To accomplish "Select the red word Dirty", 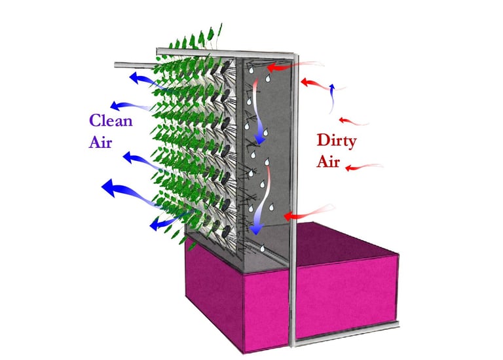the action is [x=339, y=139].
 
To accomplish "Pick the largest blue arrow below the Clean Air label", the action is [x=124, y=192].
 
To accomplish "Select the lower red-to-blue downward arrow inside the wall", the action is [x=257, y=203].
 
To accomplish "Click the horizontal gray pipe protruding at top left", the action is [x=134, y=64].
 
